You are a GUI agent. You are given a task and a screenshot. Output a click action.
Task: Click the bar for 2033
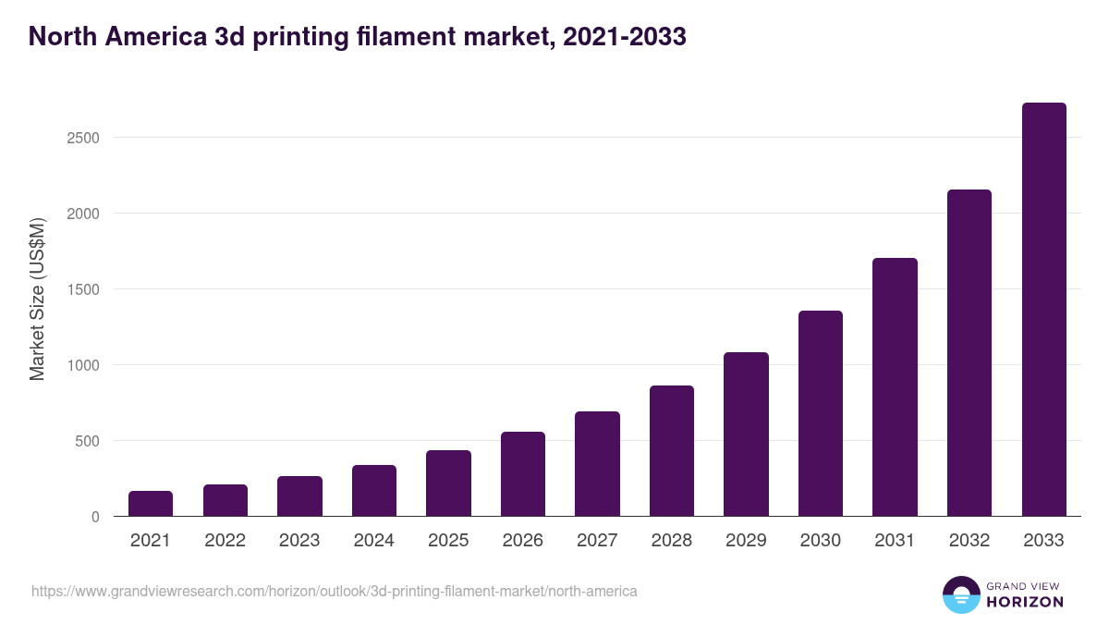click(1043, 310)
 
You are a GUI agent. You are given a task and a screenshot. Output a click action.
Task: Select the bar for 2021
click(151, 504)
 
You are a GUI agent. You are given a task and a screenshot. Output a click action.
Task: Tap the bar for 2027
click(597, 464)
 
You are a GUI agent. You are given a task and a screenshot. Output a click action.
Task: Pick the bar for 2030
click(821, 413)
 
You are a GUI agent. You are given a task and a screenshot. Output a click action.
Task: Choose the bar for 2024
click(374, 491)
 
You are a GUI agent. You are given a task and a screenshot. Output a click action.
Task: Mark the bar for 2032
click(969, 353)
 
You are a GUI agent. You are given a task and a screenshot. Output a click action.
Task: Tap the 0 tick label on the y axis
click(95, 517)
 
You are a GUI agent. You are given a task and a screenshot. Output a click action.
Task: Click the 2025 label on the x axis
click(448, 541)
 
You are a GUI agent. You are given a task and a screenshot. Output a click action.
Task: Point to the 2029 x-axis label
click(746, 541)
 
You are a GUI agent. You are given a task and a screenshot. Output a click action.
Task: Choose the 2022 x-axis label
click(225, 541)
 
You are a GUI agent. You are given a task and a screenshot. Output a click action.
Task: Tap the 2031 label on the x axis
click(895, 541)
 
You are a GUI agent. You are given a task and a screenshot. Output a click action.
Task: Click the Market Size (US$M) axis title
click(37, 298)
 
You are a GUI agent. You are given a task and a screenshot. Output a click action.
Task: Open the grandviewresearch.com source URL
click(335, 591)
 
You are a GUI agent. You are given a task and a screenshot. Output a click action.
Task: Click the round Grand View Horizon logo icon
click(961, 594)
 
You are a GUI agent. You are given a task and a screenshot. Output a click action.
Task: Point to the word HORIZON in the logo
click(1024, 602)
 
